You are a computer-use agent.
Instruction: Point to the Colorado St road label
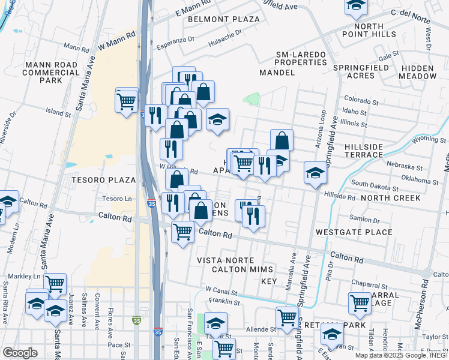360,100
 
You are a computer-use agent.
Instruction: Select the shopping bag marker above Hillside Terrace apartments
282,140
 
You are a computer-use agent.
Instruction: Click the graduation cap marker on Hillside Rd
315,173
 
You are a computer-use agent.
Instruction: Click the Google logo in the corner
20,353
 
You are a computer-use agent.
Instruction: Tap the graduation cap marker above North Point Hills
356,6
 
